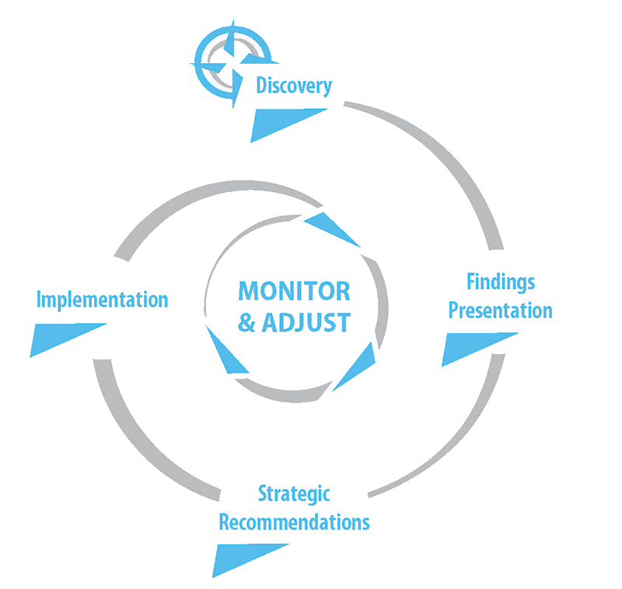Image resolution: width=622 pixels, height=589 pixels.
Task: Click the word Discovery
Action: point(294,86)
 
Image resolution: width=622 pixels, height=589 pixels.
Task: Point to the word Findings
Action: point(501,282)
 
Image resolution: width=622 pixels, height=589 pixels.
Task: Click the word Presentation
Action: point(501,310)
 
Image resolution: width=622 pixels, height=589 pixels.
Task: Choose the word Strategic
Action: point(294,493)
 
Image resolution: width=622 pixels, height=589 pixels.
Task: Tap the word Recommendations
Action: point(294,521)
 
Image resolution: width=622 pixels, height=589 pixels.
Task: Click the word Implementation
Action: point(103,300)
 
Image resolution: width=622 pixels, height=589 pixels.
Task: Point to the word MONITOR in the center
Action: point(294,291)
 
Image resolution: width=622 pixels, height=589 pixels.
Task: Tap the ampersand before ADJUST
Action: point(247,321)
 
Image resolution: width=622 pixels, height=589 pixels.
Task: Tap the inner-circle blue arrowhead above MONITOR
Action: point(330,229)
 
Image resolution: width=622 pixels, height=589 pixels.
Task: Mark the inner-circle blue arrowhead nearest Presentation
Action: point(358,366)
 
